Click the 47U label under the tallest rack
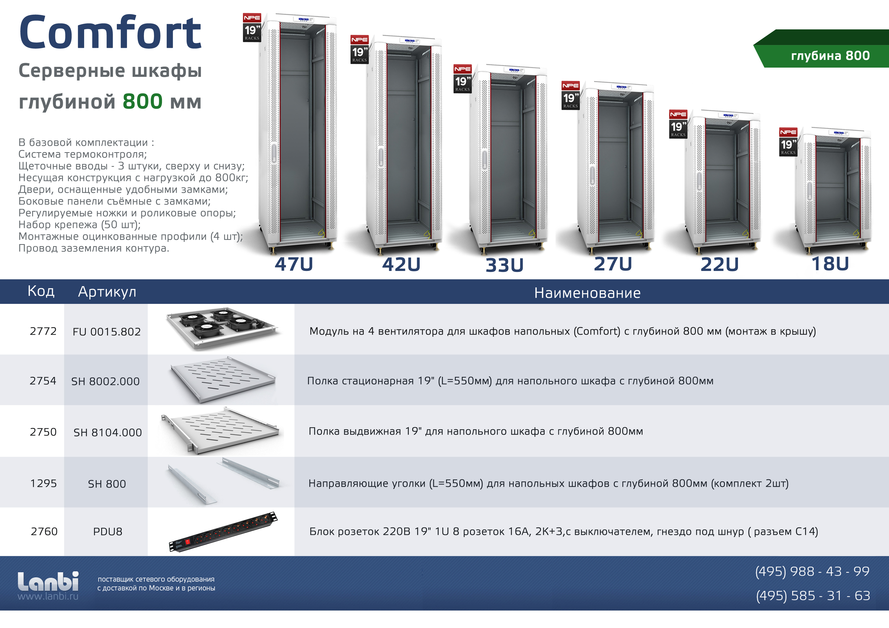(x=294, y=264)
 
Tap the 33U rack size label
(x=505, y=265)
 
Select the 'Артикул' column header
(x=107, y=292)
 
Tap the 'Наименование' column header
(x=587, y=293)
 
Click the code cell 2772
(x=43, y=331)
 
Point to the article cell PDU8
(x=108, y=532)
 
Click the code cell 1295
(x=43, y=483)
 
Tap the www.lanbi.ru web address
(x=48, y=596)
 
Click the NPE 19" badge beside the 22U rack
(x=678, y=124)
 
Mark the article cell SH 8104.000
(x=108, y=432)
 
